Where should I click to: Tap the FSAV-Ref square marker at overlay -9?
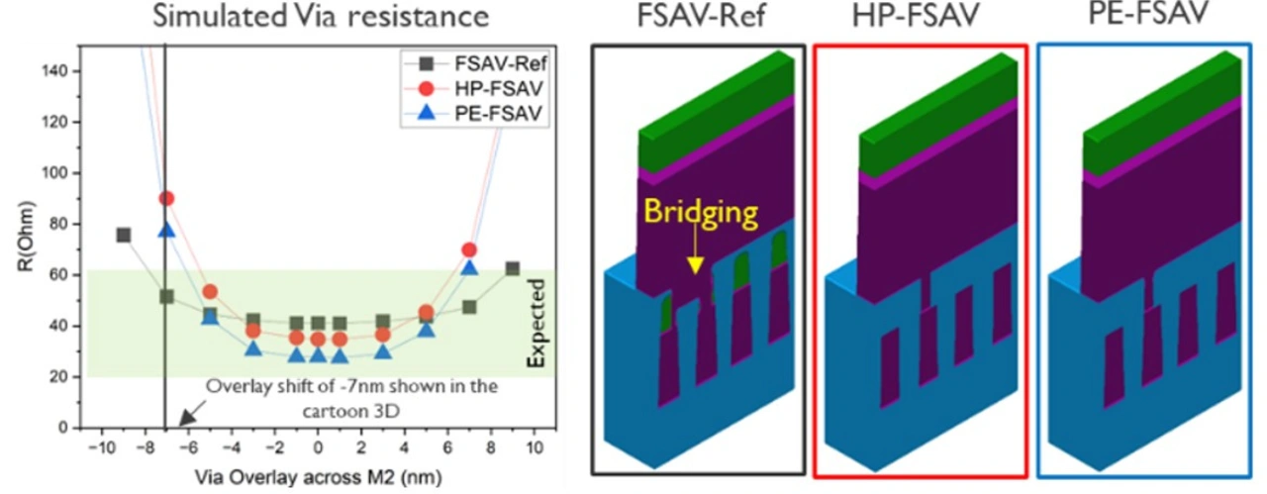pos(124,235)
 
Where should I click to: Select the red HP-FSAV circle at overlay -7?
pos(166,198)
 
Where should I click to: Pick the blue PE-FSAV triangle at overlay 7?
pos(469,266)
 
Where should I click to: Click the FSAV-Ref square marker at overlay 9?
pos(513,268)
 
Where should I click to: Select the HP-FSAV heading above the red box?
pos(920,19)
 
